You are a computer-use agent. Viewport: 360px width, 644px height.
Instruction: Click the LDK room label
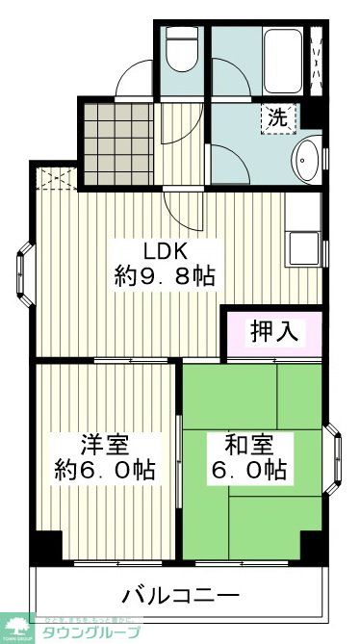coord(165,251)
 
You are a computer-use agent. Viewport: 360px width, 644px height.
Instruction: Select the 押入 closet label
coord(273,332)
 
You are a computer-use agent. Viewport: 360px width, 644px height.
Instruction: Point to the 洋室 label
coord(105,446)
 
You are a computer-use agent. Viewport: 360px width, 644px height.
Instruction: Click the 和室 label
coord(249,446)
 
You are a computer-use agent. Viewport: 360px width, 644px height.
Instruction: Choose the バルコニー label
coord(181,594)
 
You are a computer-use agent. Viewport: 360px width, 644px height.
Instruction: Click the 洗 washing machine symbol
coord(276,119)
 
